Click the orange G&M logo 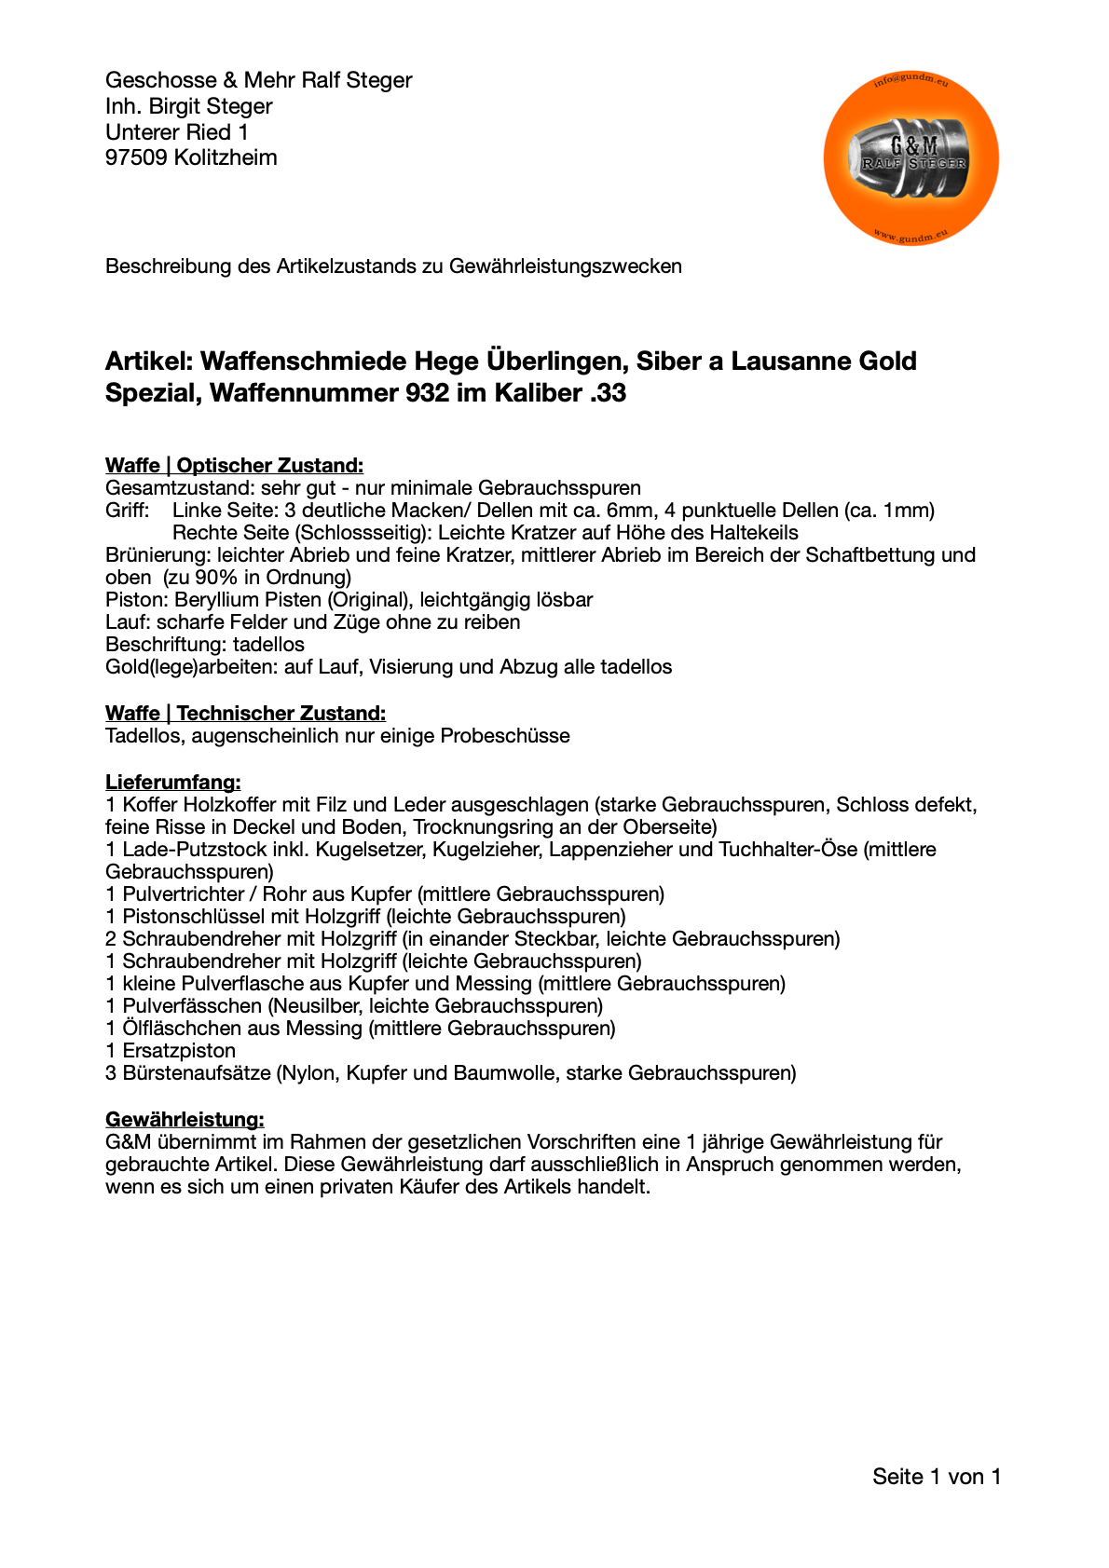pyautogui.click(x=910, y=159)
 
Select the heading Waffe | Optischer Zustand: pyautogui.click(x=234, y=465)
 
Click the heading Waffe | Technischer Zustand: pyautogui.click(x=245, y=713)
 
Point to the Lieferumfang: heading pyautogui.click(x=172, y=782)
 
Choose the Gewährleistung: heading pyautogui.click(x=185, y=1119)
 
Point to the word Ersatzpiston pyautogui.click(x=179, y=1050)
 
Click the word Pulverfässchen pyautogui.click(x=192, y=1005)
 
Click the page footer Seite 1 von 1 pyautogui.click(x=936, y=1476)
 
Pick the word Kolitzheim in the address pyautogui.click(x=226, y=157)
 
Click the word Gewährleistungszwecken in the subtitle pyautogui.click(x=565, y=266)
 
